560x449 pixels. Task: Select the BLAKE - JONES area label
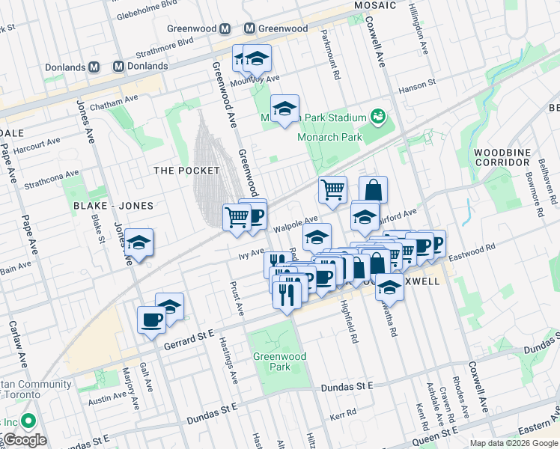113,206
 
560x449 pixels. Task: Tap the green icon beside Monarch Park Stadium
378,117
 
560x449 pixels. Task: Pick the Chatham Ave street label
114,101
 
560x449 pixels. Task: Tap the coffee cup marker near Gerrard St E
151,320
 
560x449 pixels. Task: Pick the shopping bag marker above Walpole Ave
373,189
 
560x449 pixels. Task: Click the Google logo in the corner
24,440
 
